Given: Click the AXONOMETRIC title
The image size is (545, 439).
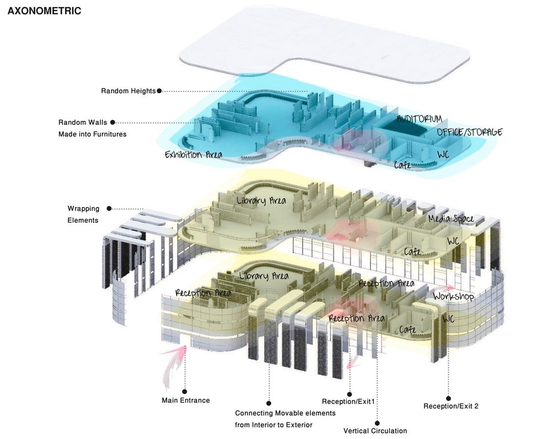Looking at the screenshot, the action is pos(44,11).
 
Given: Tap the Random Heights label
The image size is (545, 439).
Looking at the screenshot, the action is pos(128,91).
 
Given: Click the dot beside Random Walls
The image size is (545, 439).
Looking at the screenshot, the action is pos(113,122).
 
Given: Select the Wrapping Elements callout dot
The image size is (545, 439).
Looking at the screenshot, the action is pos(109,209).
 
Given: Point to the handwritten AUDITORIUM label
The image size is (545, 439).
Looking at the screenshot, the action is pos(420,119).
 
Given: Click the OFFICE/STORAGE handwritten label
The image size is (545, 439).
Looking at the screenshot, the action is pos(469,132).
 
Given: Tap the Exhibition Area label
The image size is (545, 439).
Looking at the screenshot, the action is pos(193,155).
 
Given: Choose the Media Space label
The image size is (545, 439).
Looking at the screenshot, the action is pos(451,219).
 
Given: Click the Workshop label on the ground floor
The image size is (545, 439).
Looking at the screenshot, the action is pos(453,297).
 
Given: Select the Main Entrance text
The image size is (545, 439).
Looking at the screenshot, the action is pos(186,400).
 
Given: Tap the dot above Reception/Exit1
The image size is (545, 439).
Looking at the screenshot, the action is pos(350,394).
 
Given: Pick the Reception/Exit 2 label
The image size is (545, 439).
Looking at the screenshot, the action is pos(451,406).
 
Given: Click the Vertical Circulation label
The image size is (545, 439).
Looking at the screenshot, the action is pos(375,431).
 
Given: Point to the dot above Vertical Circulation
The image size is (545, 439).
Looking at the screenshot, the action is pos(377,423).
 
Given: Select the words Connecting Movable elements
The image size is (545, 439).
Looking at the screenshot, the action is pos(285,413).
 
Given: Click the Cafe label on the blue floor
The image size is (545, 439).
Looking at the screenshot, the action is pos(403,164).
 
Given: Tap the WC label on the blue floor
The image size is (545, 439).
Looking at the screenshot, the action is pos(443,154).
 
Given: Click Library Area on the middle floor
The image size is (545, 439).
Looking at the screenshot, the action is pos(261,200).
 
